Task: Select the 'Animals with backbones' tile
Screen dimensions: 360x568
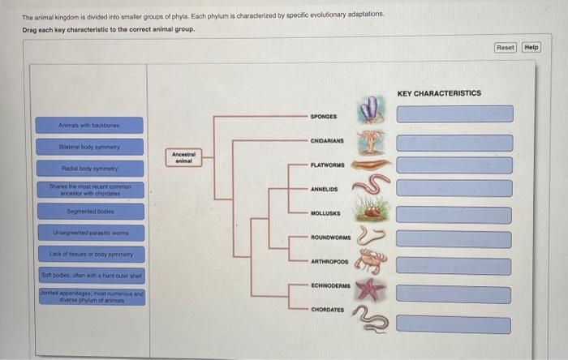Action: (x=88, y=125)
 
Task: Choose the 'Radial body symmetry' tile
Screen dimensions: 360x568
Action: (x=88, y=169)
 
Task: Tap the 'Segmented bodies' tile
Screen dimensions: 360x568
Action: (x=88, y=211)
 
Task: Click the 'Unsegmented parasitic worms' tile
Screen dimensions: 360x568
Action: (x=88, y=233)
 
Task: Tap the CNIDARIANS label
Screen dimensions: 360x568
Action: (x=327, y=140)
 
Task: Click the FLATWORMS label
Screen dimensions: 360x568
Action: (x=327, y=165)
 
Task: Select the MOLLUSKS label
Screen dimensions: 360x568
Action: (x=325, y=214)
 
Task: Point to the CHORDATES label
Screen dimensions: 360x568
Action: (x=327, y=310)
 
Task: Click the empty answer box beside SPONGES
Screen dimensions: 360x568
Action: (x=454, y=114)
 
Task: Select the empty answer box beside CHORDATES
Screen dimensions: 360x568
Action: (x=454, y=324)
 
